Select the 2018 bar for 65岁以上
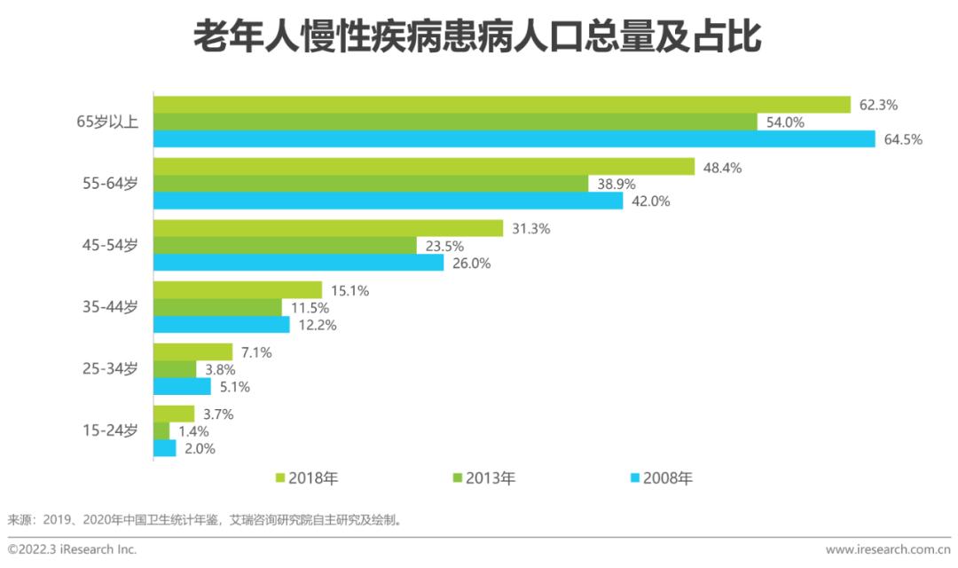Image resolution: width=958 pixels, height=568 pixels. (502, 105)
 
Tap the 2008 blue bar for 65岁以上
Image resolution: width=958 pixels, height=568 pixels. (514, 138)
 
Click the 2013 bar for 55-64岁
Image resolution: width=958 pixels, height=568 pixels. (371, 184)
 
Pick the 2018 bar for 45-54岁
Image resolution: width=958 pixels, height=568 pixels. (328, 228)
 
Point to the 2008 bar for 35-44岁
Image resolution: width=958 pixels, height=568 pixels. (222, 325)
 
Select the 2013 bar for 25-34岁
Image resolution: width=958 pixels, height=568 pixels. (175, 369)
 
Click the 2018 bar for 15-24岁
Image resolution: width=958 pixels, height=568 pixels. (174, 414)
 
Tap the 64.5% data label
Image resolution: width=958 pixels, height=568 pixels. (903, 139)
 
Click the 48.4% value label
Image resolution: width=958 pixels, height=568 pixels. (722, 167)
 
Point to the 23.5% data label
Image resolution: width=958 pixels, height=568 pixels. (444, 246)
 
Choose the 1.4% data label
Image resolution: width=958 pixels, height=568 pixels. (195, 431)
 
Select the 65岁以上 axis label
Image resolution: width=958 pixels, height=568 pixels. (107, 122)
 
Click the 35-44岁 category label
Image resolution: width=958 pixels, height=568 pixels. (110, 307)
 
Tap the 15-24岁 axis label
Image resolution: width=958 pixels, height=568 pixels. (110, 431)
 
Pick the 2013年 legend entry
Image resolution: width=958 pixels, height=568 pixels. (484, 478)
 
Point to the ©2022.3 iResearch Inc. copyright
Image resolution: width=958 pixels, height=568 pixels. (73, 549)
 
